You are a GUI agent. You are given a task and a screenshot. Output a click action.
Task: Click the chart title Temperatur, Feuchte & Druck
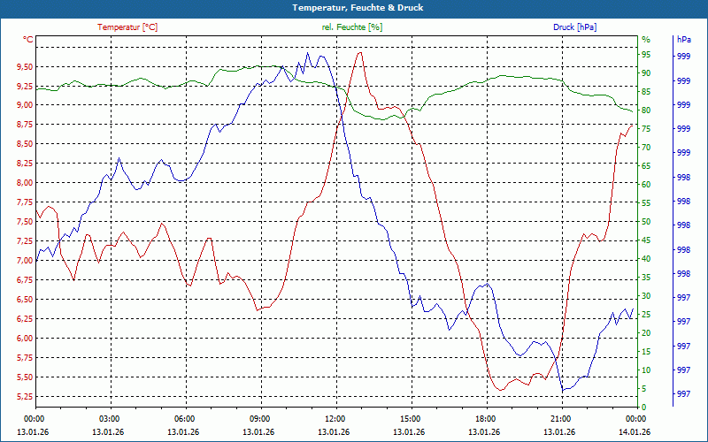[354, 8]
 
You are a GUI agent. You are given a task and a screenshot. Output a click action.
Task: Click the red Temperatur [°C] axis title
[127, 27]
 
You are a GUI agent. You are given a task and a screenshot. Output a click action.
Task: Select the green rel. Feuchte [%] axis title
[352, 27]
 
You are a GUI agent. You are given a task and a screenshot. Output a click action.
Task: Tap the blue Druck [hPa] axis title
[575, 27]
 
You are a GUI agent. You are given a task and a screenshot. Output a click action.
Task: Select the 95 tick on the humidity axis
[646, 55]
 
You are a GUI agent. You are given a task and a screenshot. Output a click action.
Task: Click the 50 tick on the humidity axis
[646, 222]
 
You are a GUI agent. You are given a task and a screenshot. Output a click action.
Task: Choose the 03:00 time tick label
[109, 419]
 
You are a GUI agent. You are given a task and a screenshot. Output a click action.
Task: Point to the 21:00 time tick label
[560, 419]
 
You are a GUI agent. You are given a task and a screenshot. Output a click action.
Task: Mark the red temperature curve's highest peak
[359, 52]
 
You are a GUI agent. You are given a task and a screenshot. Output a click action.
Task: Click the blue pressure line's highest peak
[308, 53]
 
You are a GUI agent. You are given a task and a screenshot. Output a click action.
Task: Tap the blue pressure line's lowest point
[563, 391]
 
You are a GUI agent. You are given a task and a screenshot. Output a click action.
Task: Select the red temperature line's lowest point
[501, 390]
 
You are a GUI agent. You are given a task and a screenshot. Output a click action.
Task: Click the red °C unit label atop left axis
[28, 39]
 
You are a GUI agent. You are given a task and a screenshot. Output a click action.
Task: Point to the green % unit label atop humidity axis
[646, 39]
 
